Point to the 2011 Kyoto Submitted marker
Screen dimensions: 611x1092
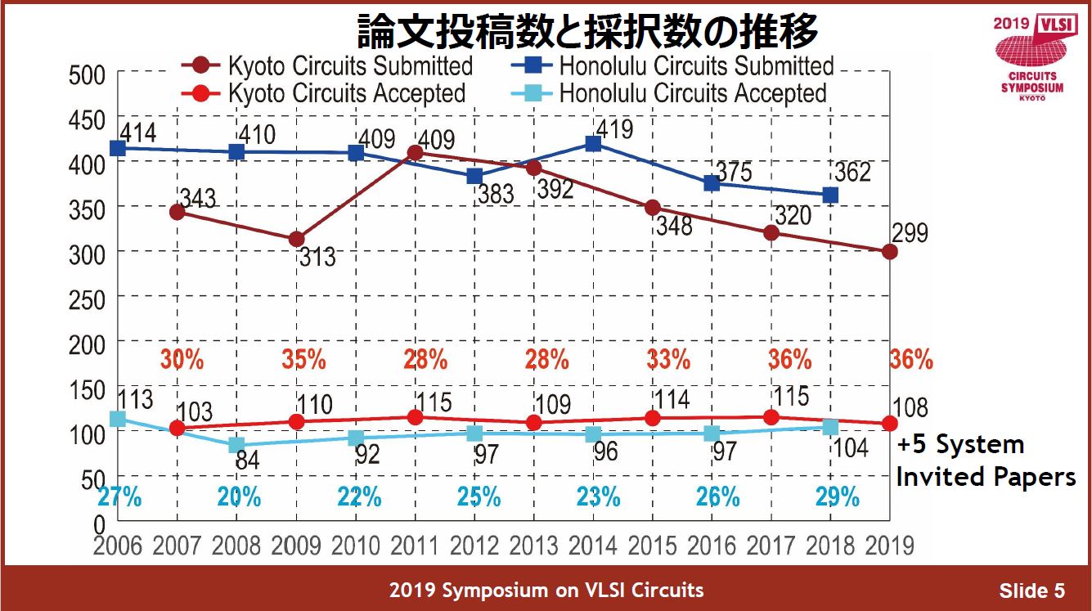click(416, 153)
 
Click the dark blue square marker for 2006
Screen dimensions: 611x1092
click(118, 148)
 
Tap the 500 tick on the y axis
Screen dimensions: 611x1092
click(82, 74)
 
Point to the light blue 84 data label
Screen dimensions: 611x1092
click(248, 460)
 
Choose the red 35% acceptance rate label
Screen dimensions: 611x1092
click(303, 359)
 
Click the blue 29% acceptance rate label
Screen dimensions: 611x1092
click(838, 496)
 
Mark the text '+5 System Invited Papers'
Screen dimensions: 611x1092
click(985, 460)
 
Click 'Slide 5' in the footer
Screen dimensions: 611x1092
click(1031, 591)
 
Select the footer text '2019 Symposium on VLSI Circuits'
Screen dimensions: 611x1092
click(546, 590)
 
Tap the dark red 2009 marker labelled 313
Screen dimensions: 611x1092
click(296, 239)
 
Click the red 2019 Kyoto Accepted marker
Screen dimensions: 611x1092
click(890, 424)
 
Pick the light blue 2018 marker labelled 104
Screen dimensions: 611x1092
click(830, 427)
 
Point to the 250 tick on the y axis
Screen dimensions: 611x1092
click(82, 299)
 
